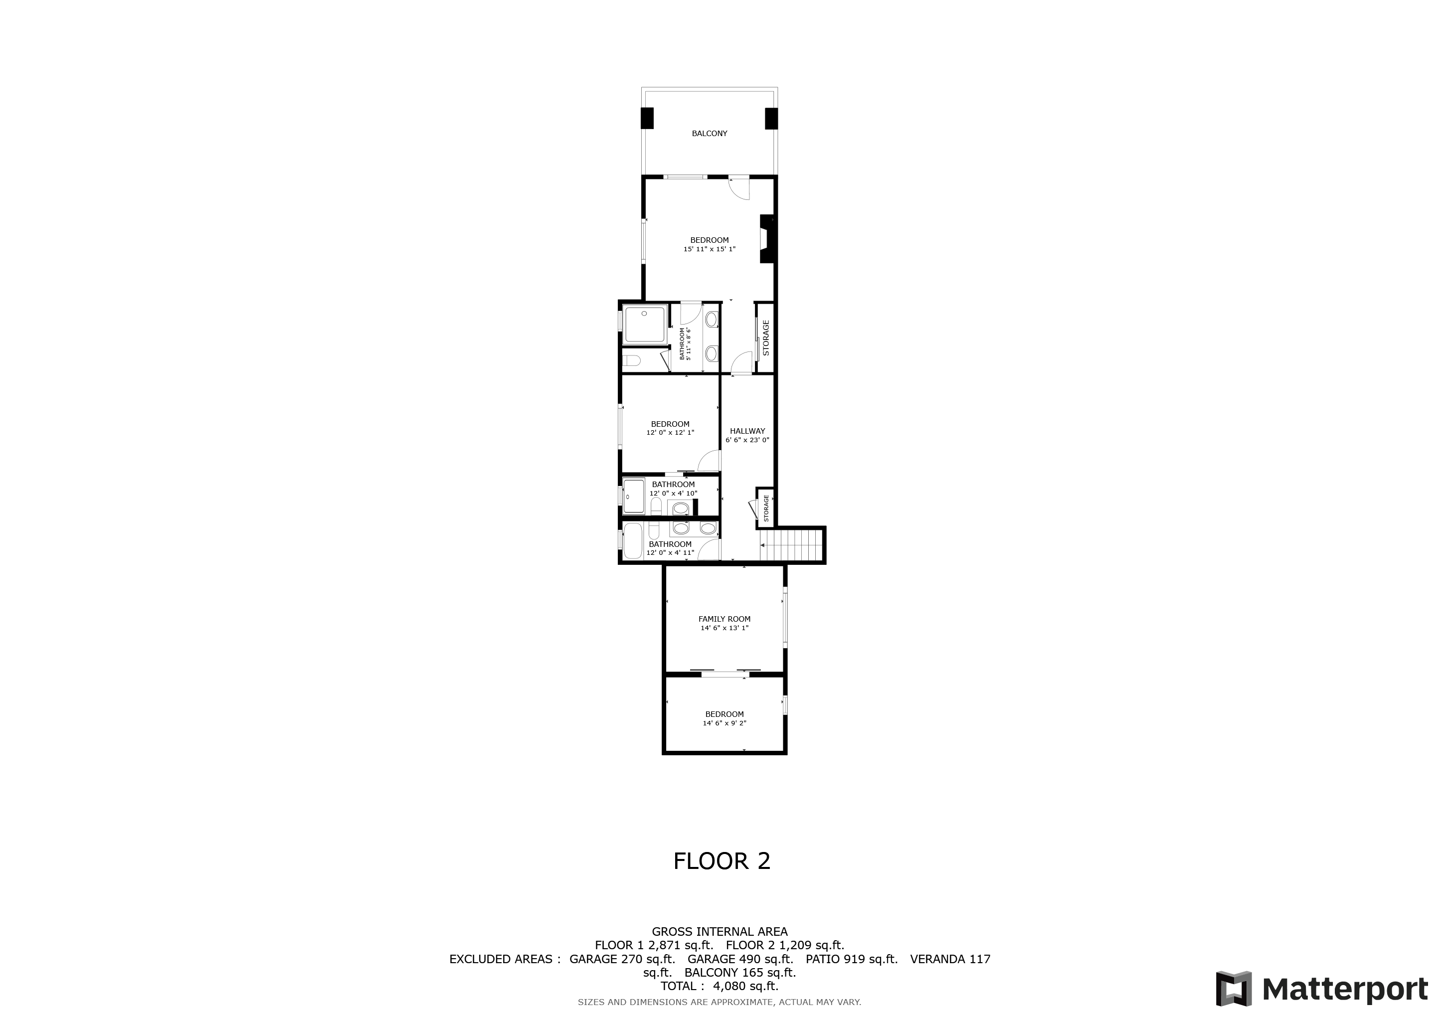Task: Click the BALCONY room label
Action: pos(710,133)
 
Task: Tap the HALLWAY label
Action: pos(747,431)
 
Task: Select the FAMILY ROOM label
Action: pos(724,619)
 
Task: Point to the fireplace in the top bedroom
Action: pos(767,239)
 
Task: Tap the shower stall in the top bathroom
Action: pos(645,325)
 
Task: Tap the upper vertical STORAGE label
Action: pos(766,338)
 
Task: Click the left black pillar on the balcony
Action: pos(647,119)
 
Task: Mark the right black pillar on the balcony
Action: pos(771,119)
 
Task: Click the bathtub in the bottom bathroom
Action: pos(633,541)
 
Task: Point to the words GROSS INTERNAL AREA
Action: pos(720,932)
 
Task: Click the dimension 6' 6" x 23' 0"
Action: pos(747,441)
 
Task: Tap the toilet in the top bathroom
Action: pos(631,361)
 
